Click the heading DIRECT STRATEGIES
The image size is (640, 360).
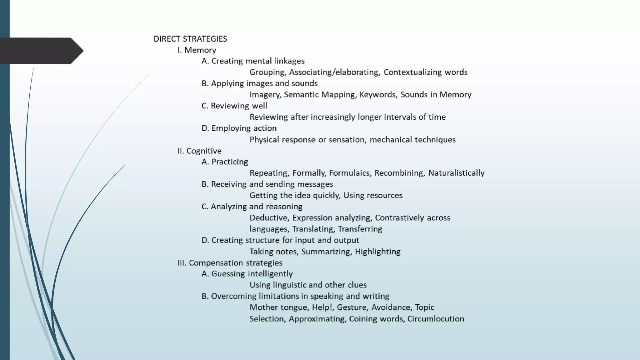(190, 39)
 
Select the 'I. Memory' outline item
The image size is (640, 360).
(197, 50)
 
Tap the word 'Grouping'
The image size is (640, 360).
(267, 72)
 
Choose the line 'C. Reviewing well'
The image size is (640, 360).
(234, 106)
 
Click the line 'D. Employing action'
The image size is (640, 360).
(239, 128)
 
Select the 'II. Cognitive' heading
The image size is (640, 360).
(199, 151)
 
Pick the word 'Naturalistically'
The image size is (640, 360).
(456, 173)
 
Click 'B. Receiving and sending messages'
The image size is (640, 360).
(267, 184)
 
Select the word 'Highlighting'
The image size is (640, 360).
(377, 252)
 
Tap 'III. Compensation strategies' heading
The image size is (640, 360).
(230, 263)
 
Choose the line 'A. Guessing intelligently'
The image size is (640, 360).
(247, 274)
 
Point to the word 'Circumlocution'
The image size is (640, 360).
(436, 319)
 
